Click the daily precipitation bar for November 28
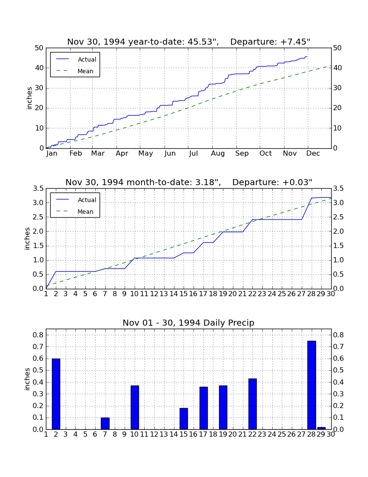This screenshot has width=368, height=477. coord(312,385)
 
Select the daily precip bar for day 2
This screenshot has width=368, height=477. coord(56,394)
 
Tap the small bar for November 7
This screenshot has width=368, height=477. coord(105,424)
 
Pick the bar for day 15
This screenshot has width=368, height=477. coord(184,419)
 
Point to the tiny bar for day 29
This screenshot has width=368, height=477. coord(321,428)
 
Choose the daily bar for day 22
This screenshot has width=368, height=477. coord(252,404)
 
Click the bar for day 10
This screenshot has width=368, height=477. coord(135,408)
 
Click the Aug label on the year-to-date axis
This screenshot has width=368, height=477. coord(218,154)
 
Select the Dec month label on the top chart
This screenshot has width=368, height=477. coord(313,154)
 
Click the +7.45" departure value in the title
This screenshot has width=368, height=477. coord(294,42)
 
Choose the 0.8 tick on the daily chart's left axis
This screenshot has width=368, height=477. coord(38,335)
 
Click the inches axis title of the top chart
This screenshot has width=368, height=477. coord(29,98)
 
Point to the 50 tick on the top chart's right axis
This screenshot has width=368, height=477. coord(337,48)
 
